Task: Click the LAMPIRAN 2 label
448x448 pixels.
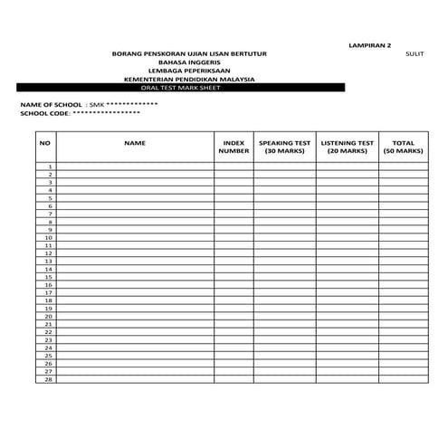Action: click(x=369, y=44)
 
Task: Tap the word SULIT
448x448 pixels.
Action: click(x=415, y=53)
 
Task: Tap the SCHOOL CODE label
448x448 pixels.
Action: click(x=44, y=114)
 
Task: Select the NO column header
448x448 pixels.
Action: click(x=45, y=143)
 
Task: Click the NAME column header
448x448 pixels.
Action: click(x=135, y=143)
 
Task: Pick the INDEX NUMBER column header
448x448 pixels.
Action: click(x=233, y=147)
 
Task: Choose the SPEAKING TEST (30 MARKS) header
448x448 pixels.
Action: click(x=284, y=147)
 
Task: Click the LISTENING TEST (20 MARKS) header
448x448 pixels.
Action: click(x=347, y=147)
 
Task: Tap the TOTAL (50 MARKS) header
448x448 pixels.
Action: click(x=403, y=147)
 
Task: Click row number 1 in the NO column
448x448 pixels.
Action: click(x=51, y=167)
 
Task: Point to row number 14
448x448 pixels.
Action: click(x=49, y=269)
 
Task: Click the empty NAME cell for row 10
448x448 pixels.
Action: click(x=135, y=237)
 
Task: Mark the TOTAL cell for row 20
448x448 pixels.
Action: click(x=403, y=316)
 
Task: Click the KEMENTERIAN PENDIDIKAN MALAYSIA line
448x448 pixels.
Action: click(x=189, y=80)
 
